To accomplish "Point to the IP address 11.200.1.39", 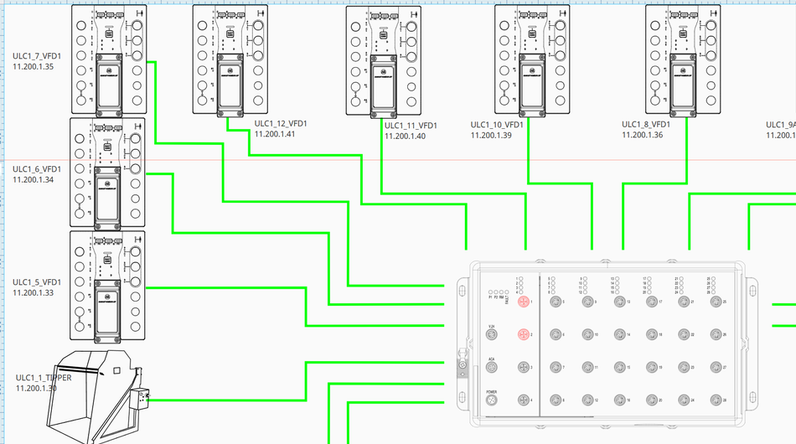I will pos(491,134).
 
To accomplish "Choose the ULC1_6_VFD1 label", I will pos(37,169).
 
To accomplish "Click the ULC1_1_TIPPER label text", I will pos(44,378).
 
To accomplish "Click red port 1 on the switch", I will pos(523,302).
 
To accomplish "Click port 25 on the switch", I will pos(715,302).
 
